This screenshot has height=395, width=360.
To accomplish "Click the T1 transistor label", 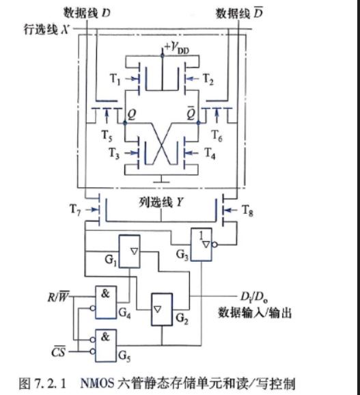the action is (115, 79).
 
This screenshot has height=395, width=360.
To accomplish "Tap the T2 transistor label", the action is (208, 79).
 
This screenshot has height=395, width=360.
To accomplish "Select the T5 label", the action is (107, 135).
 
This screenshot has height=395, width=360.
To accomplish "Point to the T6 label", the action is (217, 135).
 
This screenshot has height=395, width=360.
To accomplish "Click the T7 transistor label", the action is (75, 210).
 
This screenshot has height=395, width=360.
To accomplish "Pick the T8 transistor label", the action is (247, 210).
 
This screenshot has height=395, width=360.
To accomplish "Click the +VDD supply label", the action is (176, 47).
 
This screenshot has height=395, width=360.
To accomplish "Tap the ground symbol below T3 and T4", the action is (161, 180).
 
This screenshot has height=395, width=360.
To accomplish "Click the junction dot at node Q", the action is (125, 123).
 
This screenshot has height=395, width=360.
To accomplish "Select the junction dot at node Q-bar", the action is (198, 123).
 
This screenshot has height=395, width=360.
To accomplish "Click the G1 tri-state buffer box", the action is (129, 251).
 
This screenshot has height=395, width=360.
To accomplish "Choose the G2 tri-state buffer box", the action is (162, 310).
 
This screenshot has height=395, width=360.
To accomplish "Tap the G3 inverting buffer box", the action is (201, 245).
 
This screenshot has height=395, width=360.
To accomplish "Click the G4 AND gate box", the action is (106, 302).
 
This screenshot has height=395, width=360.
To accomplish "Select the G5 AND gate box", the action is (106, 345).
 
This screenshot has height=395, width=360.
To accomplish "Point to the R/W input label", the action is (58, 297).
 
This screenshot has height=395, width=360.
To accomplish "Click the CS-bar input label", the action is (58, 352).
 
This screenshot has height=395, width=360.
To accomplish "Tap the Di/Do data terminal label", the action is (253, 297).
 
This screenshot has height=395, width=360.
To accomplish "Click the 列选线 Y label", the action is (161, 202).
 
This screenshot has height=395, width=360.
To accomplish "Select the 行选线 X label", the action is (46, 29).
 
